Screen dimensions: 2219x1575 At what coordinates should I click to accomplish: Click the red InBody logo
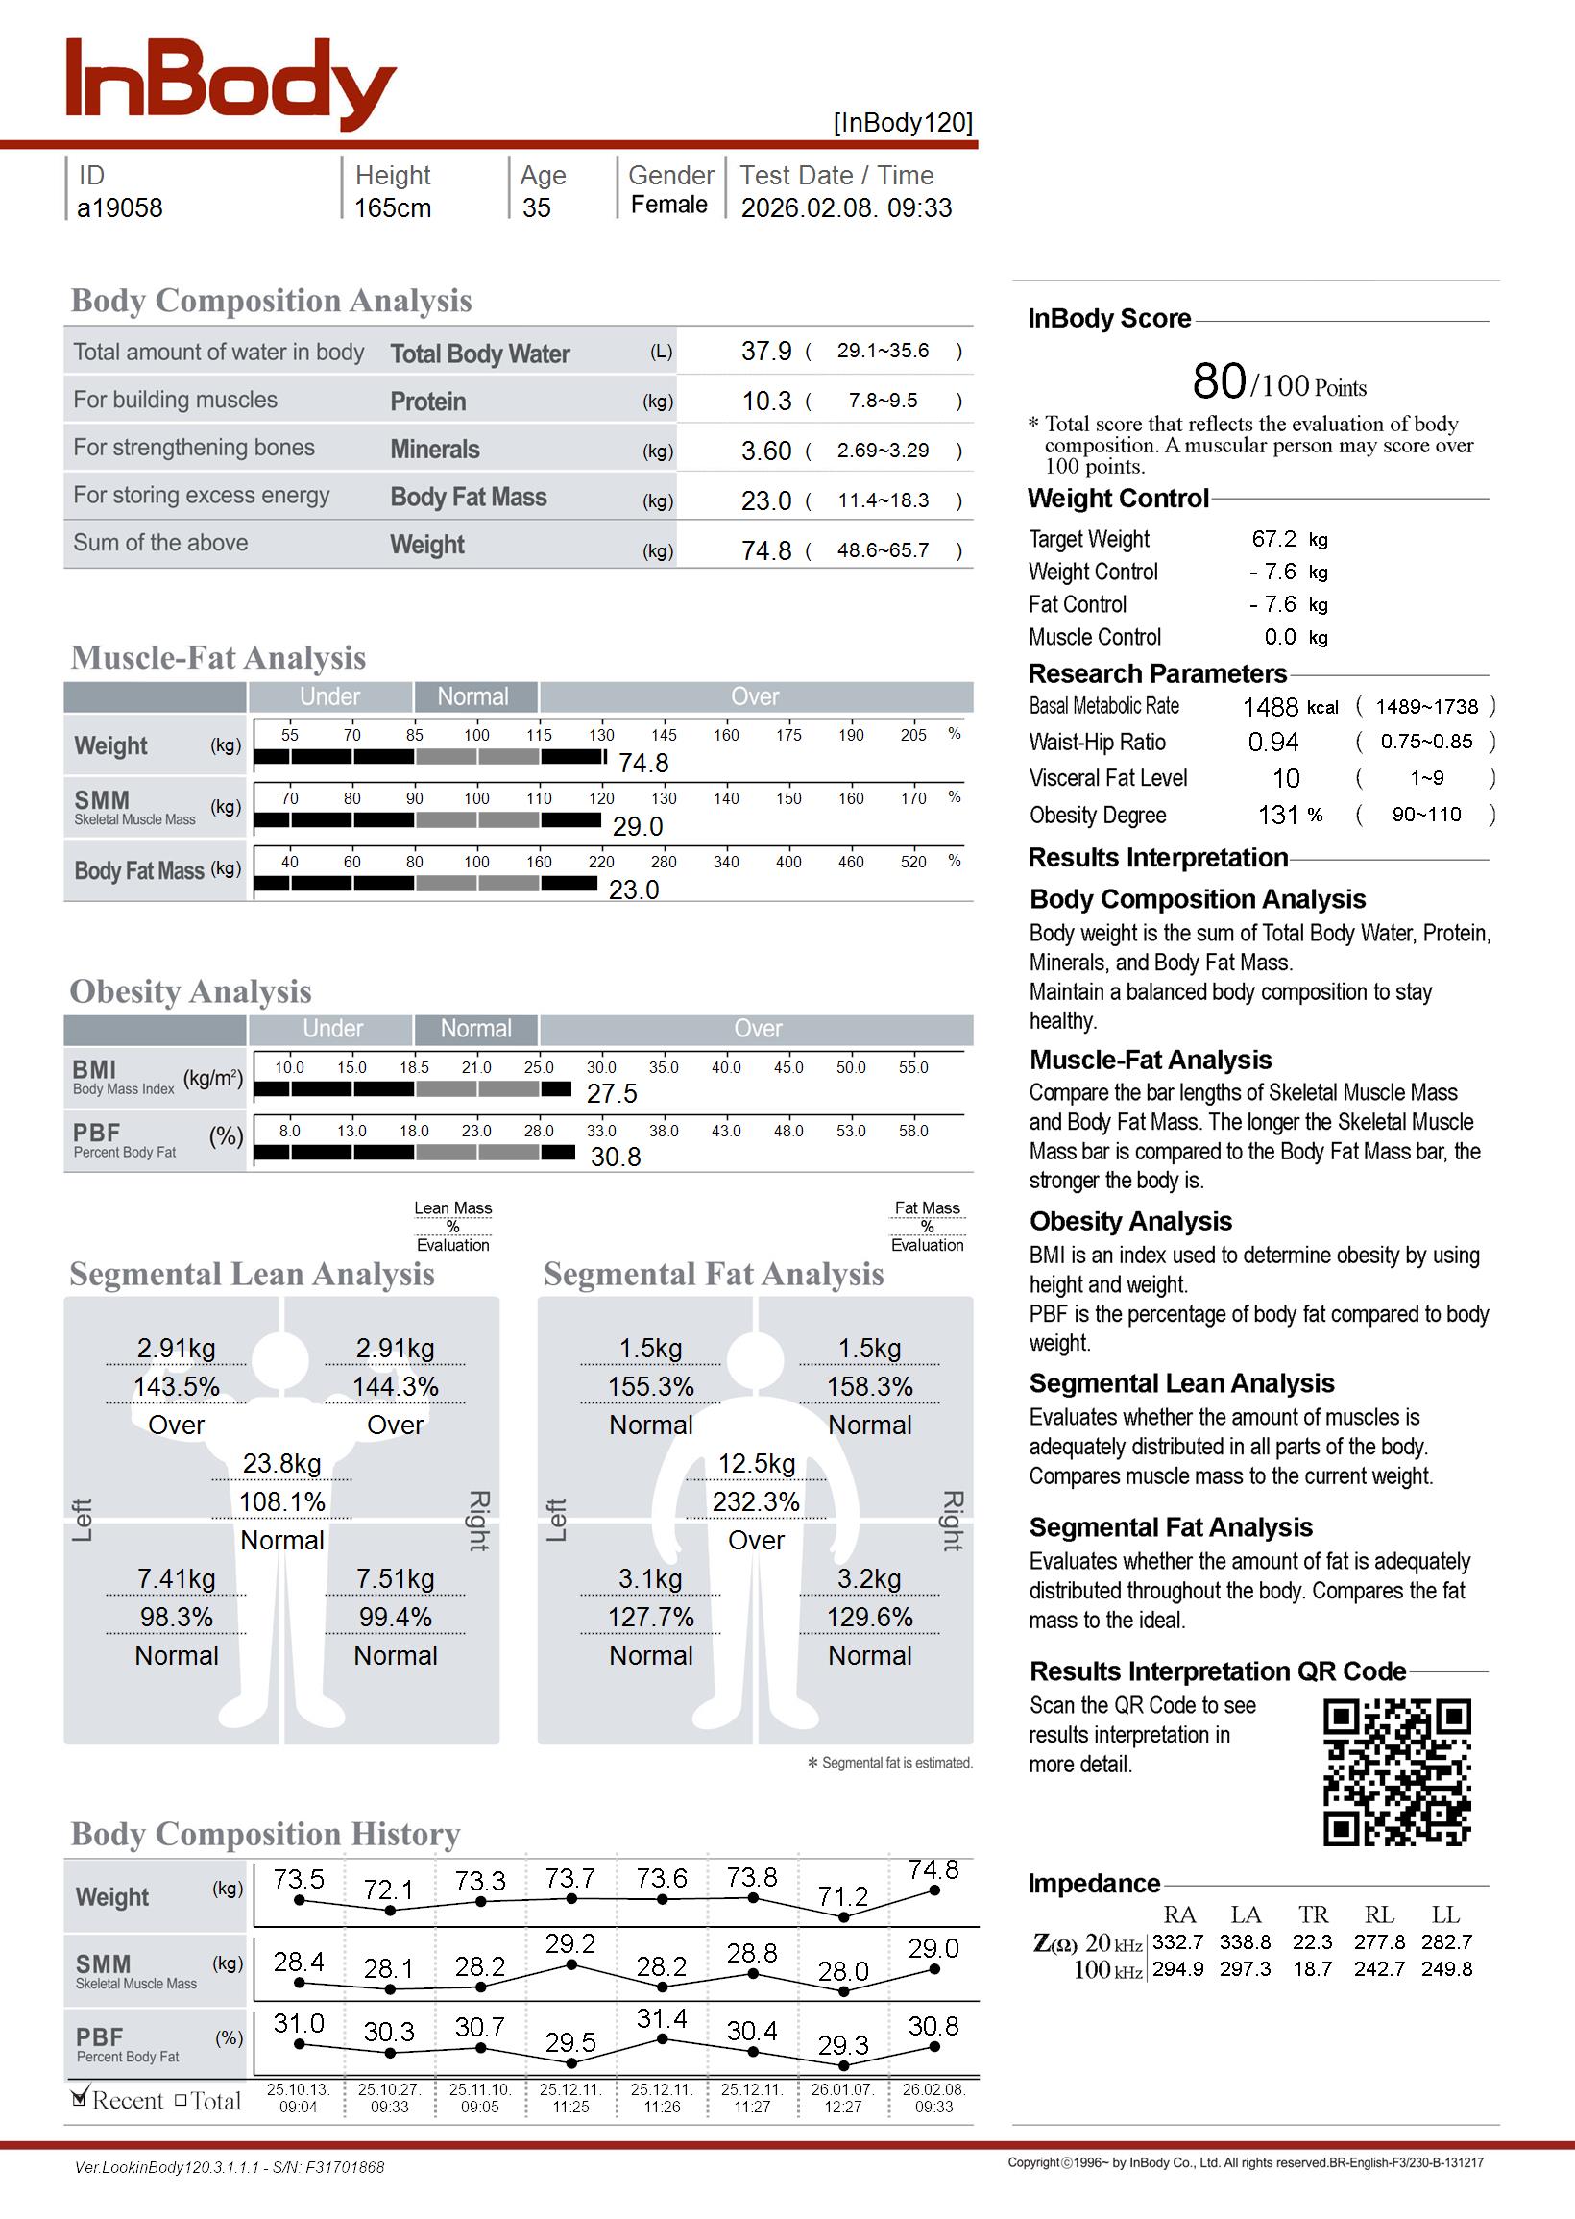click(x=230, y=85)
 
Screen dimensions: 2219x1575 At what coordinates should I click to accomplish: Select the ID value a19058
click(x=119, y=207)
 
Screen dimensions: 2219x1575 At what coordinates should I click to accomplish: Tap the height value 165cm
click(x=392, y=207)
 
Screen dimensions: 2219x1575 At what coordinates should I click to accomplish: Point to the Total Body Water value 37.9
click(x=766, y=351)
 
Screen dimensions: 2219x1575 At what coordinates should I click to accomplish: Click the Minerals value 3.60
click(x=766, y=451)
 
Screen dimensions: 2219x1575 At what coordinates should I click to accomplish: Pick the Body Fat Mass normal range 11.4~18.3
click(x=883, y=500)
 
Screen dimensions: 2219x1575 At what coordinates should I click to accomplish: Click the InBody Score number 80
click(x=1218, y=381)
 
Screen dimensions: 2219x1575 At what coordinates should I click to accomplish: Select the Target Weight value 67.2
click(x=1273, y=539)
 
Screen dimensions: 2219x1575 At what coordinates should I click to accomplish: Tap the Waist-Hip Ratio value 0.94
click(x=1273, y=742)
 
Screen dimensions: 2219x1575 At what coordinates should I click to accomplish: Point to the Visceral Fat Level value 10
click(x=1285, y=779)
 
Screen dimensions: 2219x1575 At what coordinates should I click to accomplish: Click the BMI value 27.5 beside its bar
click(x=611, y=1094)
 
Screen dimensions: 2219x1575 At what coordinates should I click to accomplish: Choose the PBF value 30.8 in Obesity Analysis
click(x=615, y=1157)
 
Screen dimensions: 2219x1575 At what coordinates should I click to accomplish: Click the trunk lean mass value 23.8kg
click(x=281, y=1464)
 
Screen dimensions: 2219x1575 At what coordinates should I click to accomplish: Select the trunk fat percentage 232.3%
click(x=756, y=1502)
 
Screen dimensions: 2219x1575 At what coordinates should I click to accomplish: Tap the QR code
click(x=1396, y=1772)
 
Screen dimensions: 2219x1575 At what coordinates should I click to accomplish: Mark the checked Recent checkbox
click(x=80, y=2099)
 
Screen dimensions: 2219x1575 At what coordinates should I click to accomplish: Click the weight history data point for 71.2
click(x=843, y=1917)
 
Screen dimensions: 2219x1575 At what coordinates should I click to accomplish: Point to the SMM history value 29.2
click(x=570, y=1944)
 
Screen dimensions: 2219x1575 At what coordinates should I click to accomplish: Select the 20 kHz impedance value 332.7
click(x=1177, y=1942)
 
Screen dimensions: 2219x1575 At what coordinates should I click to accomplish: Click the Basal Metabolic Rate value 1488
click(x=1270, y=707)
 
